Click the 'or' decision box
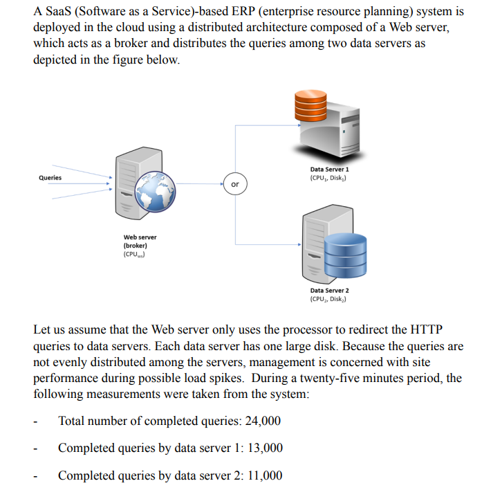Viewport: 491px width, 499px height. click(235, 184)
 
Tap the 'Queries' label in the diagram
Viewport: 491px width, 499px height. click(50, 178)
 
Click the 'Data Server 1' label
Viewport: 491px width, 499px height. click(330, 169)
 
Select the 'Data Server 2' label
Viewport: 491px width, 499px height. click(330, 291)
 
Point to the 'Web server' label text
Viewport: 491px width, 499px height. click(140, 237)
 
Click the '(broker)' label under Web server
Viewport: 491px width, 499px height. click(135, 246)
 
